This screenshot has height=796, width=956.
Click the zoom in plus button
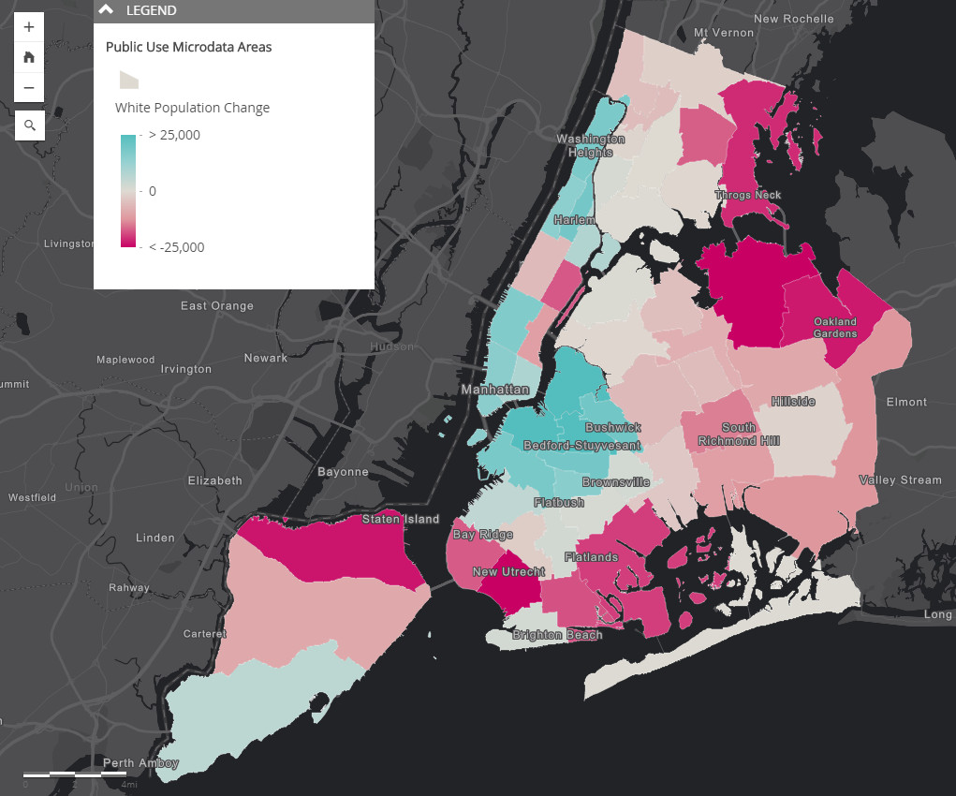(x=29, y=27)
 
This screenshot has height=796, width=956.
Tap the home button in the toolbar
(x=29, y=57)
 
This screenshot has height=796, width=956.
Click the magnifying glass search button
(x=29, y=125)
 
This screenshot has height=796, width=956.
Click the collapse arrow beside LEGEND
(x=107, y=10)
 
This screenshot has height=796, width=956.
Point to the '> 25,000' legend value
(x=174, y=135)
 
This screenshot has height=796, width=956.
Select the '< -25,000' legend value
(x=176, y=247)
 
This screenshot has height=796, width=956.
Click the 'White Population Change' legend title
(x=192, y=108)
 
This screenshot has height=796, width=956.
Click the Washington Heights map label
(x=590, y=145)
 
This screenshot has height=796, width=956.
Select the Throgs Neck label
(x=747, y=195)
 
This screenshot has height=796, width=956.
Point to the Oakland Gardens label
(x=834, y=328)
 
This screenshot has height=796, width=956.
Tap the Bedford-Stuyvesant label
(x=581, y=446)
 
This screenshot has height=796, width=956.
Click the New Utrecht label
(x=508, y=572)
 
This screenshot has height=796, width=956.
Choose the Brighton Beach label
(x=557, y=635)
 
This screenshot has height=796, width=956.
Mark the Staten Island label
(x=401, y=519)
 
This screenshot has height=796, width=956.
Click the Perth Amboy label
(x=140, y=763)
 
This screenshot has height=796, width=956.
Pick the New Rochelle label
(x=793, y=19)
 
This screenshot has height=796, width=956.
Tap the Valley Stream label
(x=900, y=480)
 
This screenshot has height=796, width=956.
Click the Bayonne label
(x=343, y=471)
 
